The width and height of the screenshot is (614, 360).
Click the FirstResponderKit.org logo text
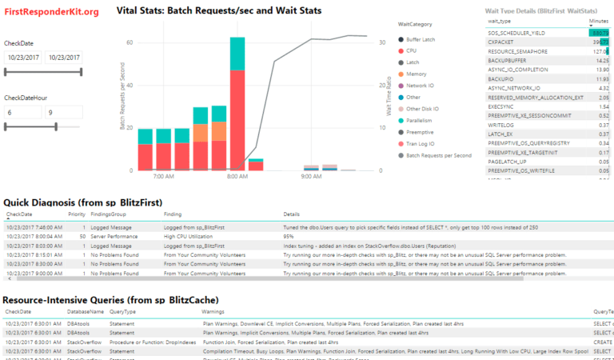(51, 12)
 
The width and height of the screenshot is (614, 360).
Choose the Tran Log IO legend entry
(422, 143)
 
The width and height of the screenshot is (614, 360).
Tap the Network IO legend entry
(421, 86)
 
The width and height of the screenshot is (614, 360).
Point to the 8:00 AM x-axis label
(237, 175)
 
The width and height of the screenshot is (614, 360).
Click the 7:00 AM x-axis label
(163, 175)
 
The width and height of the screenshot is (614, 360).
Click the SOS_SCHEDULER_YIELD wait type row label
(520, 33)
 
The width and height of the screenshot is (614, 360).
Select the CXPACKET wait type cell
(504, 42)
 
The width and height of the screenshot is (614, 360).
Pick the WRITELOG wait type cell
(502, 124)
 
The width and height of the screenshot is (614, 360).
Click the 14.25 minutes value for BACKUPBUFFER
(602, 60)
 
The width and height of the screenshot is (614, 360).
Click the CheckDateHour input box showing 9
(62, 113)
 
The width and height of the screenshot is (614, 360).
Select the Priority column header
(77, 214)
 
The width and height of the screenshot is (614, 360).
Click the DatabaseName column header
(86, 311)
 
